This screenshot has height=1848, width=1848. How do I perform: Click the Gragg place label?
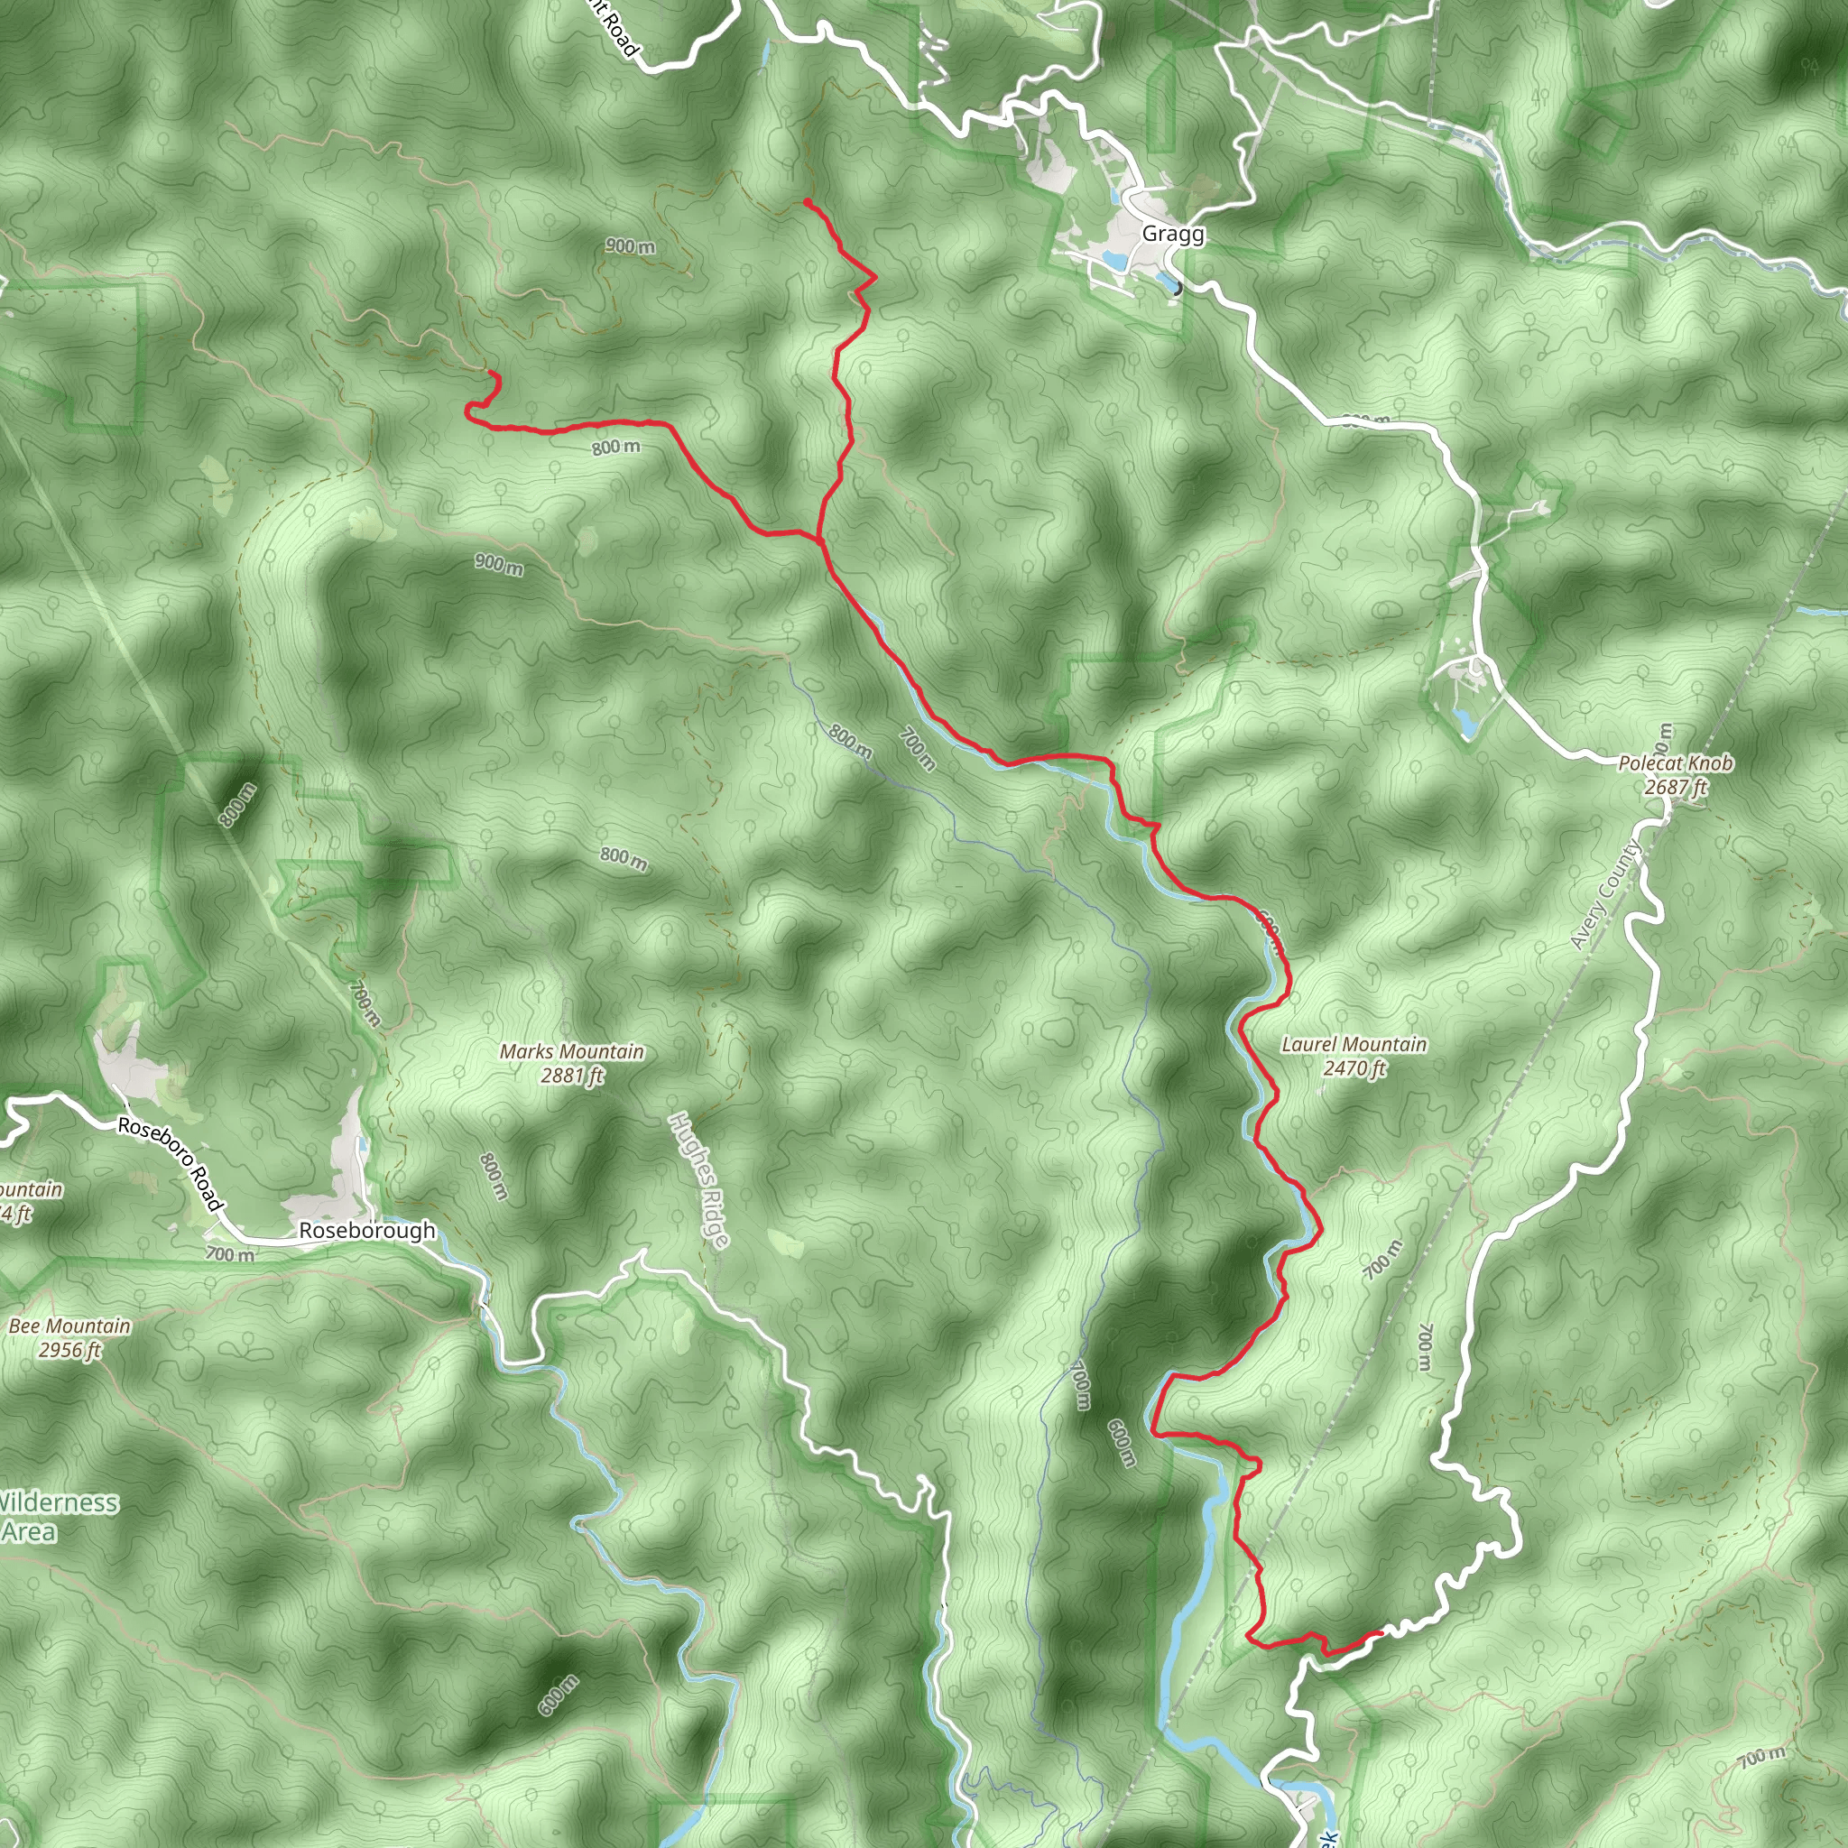(1173, 235)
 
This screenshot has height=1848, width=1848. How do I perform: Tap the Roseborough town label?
(366, 1231)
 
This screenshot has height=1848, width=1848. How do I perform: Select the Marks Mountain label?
(572, 1052)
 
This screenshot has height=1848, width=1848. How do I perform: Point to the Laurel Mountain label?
(1354, 1045)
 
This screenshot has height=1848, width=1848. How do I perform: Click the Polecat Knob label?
(1675, 763)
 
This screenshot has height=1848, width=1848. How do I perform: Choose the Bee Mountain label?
(69, 1326)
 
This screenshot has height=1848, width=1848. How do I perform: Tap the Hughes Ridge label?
(700, 1180)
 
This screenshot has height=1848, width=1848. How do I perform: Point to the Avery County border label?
(1607, 895)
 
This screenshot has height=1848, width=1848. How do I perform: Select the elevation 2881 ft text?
(572, 1076)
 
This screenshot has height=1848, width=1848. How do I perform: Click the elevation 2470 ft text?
(1354, 1068)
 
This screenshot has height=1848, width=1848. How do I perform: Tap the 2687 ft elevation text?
(1676, 787)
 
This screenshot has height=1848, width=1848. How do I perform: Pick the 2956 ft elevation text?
(69, 1351)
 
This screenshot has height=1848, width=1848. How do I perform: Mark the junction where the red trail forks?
(819, 540)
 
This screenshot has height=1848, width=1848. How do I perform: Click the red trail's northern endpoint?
(807, 202)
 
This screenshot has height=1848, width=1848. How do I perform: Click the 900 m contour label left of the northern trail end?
(631, 245)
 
